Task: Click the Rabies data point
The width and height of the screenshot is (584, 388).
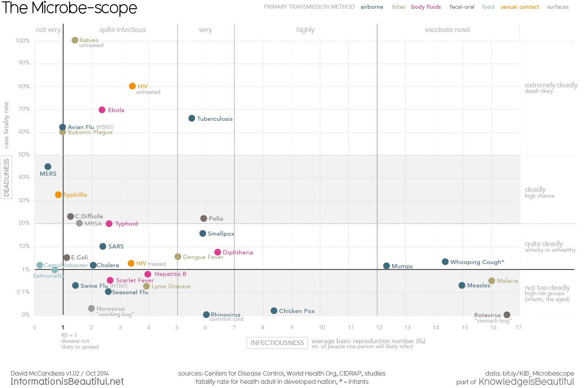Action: coord(75,40)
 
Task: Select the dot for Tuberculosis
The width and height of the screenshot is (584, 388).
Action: coord(192,119)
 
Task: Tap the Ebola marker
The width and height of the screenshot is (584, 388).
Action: coord(102,110)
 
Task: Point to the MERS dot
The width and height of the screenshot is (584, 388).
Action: coord(48,167)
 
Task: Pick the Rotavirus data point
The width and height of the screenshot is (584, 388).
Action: coord(507,315)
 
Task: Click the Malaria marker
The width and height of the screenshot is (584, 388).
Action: coord(492,281)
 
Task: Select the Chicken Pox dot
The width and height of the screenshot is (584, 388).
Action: coord(274,311)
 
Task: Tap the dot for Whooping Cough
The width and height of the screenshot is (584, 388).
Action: coord(445,262)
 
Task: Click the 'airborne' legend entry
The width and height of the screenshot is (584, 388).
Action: coord(372,7)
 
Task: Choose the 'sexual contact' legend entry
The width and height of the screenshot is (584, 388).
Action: coord(520,7)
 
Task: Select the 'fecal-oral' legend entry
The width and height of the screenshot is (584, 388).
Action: coord(462,7)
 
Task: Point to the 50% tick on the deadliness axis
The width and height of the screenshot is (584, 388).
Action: coord(24,155)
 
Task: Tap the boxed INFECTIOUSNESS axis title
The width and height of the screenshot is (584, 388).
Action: coord(277,343)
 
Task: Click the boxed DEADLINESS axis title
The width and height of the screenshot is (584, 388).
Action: coord(6,177)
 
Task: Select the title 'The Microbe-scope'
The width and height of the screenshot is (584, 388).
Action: coord(69,8)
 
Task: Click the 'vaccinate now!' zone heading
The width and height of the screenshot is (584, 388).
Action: coord(447,30)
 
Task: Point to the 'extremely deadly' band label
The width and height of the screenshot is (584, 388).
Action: coord(551,85)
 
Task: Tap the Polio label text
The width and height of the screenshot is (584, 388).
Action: coord(216,219)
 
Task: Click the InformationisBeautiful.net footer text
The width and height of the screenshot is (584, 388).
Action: coord(67,382)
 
